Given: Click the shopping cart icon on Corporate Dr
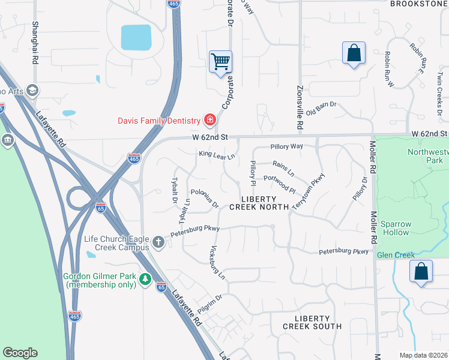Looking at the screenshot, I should click(x=220, y=61).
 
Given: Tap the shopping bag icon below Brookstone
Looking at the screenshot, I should click(x=354, y=53).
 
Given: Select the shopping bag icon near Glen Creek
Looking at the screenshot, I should click(x=421, y=271).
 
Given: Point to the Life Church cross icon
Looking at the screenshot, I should click(x=158, y=242).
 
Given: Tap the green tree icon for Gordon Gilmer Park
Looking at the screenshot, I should click(x=145, y=280).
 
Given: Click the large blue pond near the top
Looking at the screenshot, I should click(x=136, y=37).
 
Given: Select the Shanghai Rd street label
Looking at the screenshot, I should click(x=35, y=43).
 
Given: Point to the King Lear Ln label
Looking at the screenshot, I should click(x=217, y=155).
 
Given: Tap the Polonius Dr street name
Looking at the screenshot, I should click(x=204, y=199).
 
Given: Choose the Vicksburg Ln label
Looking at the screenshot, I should click(x=217, y=263).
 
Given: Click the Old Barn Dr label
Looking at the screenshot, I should click(x=321, y=109).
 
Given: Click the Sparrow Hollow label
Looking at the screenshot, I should click(x=395, y=229).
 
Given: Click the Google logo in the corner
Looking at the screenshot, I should click(x=20, y=353).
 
